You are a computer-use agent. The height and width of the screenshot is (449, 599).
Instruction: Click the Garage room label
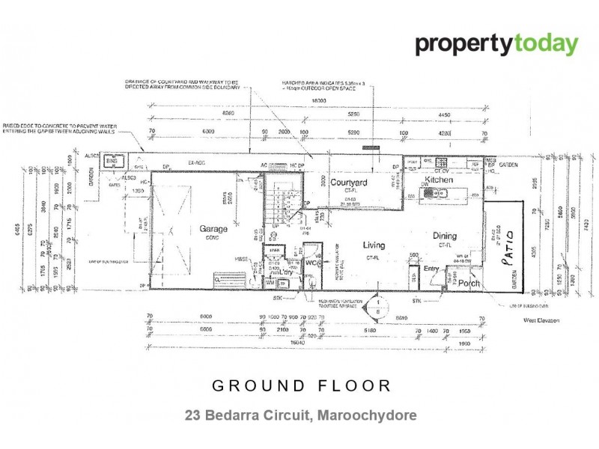tap(213, 229)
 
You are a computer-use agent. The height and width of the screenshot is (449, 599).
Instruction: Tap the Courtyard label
tap(349, 182)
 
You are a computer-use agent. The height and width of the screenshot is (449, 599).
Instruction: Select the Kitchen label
tap(440, 181)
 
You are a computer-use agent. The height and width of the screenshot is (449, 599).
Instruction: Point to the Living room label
tap(374, 245)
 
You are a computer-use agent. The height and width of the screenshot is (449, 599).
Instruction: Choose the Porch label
tap(469, 284)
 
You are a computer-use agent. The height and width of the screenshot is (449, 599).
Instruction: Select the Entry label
tap(431, 269)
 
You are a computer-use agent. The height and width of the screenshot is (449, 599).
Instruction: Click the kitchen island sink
tap(434, 194)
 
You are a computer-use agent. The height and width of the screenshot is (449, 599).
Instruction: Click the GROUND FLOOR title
tap(301, 386)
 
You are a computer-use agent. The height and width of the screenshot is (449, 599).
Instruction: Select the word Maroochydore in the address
tap(365, 414)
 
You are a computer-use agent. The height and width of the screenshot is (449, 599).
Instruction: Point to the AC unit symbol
tap(278, 165)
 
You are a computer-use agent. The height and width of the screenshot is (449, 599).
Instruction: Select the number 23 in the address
tap(193, 414)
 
